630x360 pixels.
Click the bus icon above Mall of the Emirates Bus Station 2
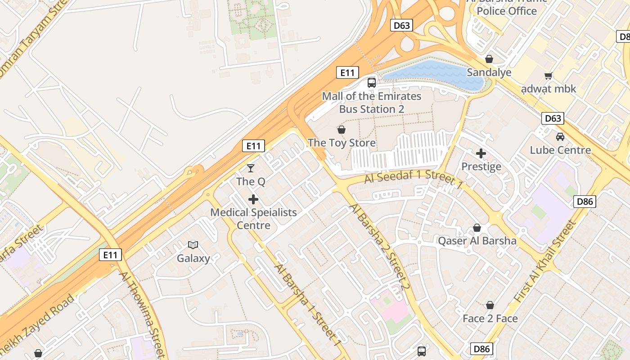372,82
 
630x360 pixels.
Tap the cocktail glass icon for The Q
251,168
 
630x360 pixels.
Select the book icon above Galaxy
193,245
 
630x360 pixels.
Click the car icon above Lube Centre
560,136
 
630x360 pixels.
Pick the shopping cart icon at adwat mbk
548,76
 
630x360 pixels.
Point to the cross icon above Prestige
481,153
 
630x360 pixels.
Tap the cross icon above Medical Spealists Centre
253,199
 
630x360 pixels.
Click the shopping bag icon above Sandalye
489,59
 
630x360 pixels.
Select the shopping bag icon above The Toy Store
342,130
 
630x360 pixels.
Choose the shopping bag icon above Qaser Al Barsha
477,228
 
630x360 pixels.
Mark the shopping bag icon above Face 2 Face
490,305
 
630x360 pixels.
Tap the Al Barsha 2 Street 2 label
380,247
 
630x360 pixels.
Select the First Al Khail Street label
545,261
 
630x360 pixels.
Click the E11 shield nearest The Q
253,145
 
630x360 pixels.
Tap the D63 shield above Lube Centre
553,118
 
